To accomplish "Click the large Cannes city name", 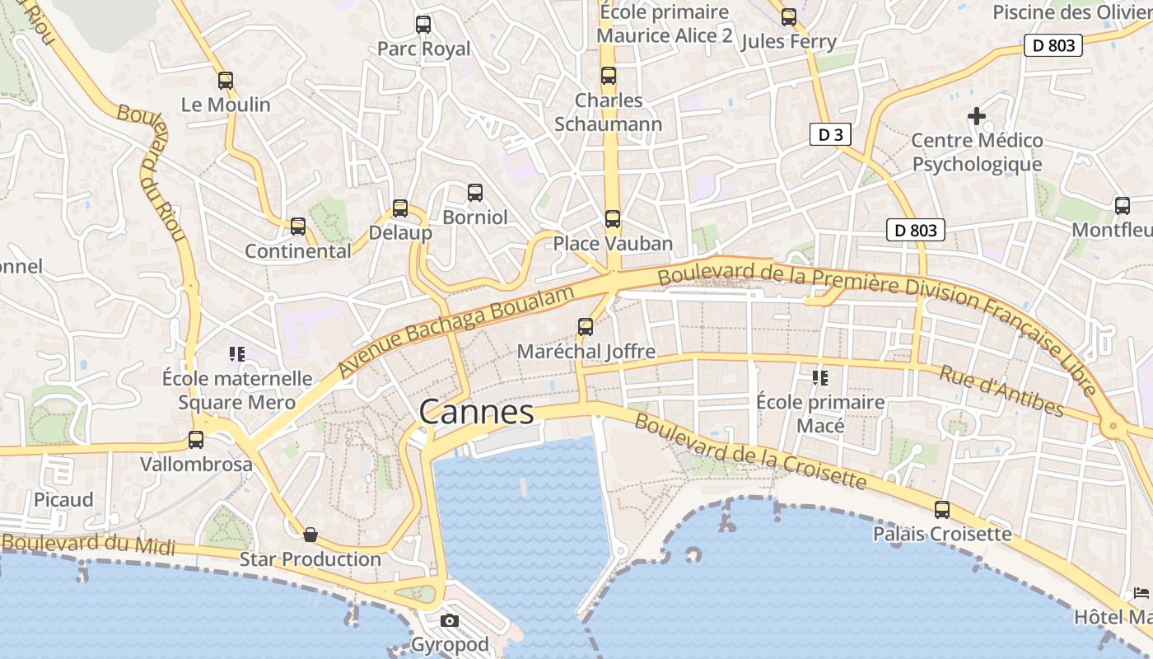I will pos(476,412).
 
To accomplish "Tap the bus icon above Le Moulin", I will pos(226,81).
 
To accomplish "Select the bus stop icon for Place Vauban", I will pos(612,219).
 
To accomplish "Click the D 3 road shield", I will pos(829,134).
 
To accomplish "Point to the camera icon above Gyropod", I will pos(449,620).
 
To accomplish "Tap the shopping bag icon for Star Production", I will pos(310,535).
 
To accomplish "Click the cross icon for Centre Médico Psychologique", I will pos(977,116).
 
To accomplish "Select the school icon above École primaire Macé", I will pos(819,378).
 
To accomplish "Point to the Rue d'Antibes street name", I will pos(1001,391).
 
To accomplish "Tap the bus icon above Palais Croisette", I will pos(942,510).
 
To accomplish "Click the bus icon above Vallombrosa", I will pos(196,440).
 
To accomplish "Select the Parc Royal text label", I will pos(423,49).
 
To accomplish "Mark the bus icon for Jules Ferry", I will pos(789,17).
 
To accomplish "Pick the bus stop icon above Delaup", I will pos(400,208).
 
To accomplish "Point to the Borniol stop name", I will pos(475,217).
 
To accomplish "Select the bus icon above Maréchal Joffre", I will pos(586,327).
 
